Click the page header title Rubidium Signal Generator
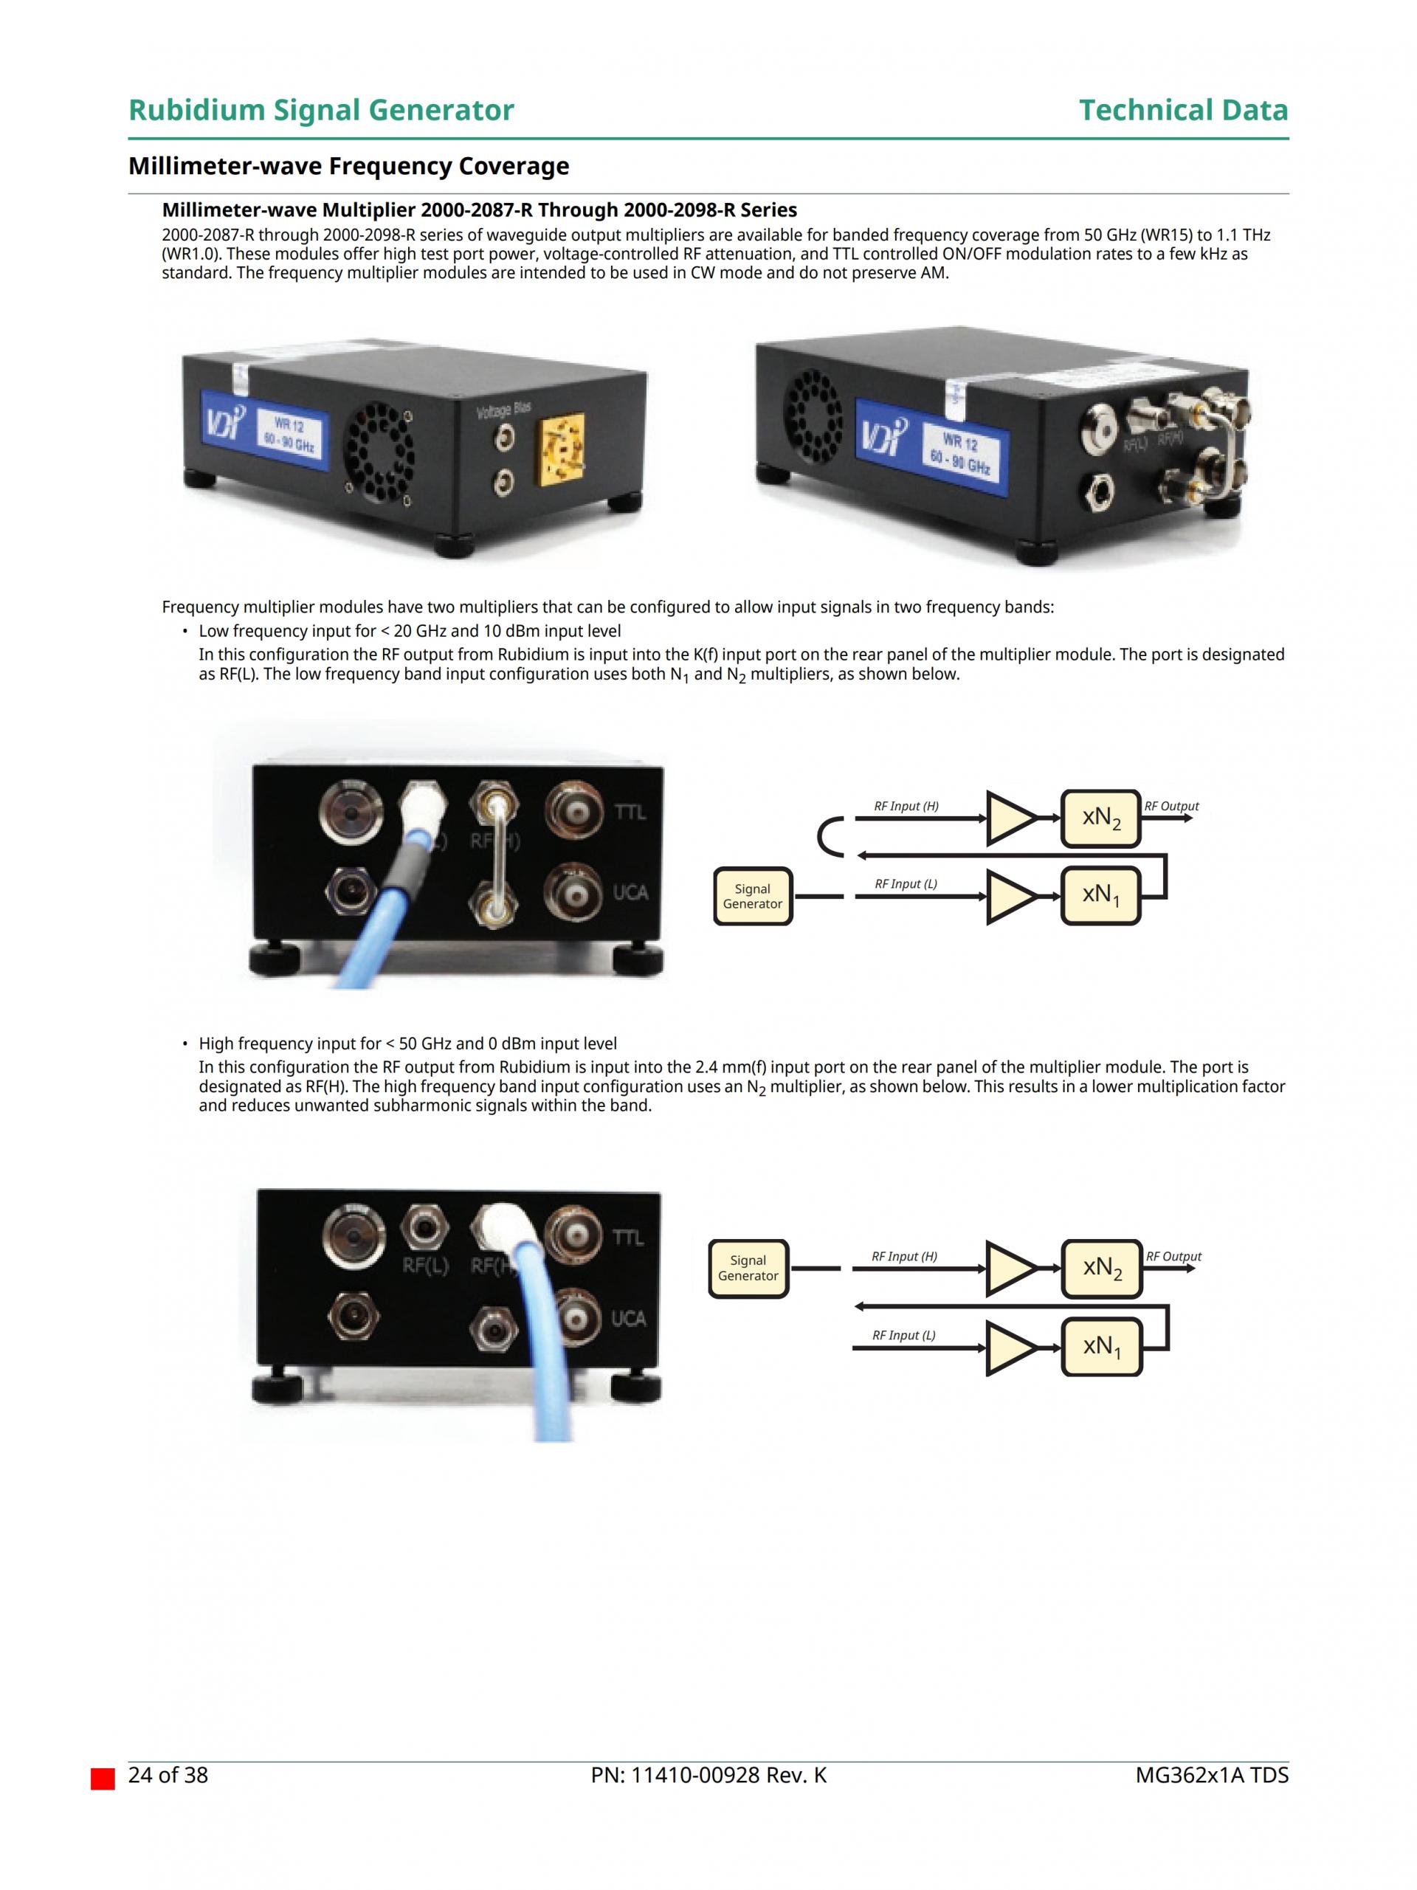pos(320,110)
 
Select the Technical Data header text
pos(1182,110)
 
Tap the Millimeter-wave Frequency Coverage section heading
pos(348,166)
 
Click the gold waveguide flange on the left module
pos(562,451)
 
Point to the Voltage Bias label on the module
pos(503,410)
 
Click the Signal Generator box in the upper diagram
pos(752,897)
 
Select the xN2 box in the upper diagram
pos(1100,818)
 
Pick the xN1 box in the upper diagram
pos(1100,895)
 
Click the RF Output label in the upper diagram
pos(1171,806)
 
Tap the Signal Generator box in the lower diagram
pos(748,1268)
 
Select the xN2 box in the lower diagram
pos(1101,1268)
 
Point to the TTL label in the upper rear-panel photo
pos(630,811)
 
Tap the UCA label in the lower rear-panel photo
pos(628,1318)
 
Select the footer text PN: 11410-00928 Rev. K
pos(708,1776)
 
